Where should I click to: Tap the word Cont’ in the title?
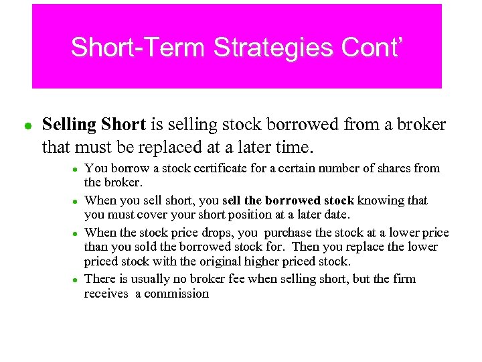coord(372,48)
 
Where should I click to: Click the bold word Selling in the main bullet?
coord(69,125)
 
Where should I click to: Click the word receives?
coord(106,294)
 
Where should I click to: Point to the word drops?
coord(216,232)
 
